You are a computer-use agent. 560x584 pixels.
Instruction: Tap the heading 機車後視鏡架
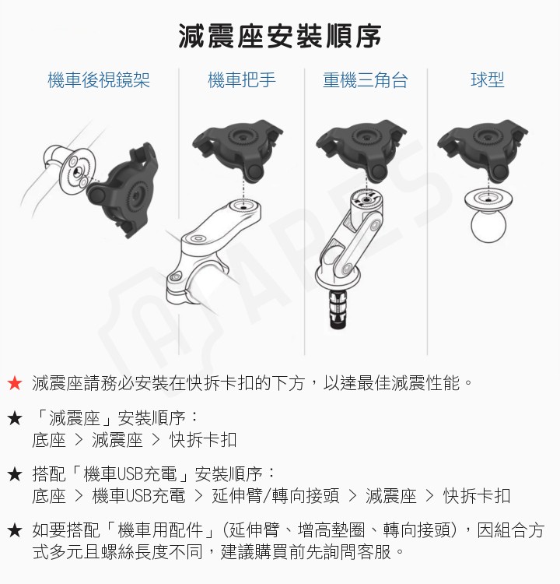coord(99,80)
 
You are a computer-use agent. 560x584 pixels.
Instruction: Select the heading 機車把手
coord(242,80)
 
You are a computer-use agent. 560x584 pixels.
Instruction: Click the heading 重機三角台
coord(366,80)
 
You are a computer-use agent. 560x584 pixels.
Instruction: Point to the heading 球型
coord(488,80)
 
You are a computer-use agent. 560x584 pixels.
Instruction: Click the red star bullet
coord(14,384)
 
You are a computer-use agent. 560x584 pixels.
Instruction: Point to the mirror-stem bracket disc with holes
coord(74,167)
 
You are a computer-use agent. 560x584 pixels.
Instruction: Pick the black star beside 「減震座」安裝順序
coord(14,418)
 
